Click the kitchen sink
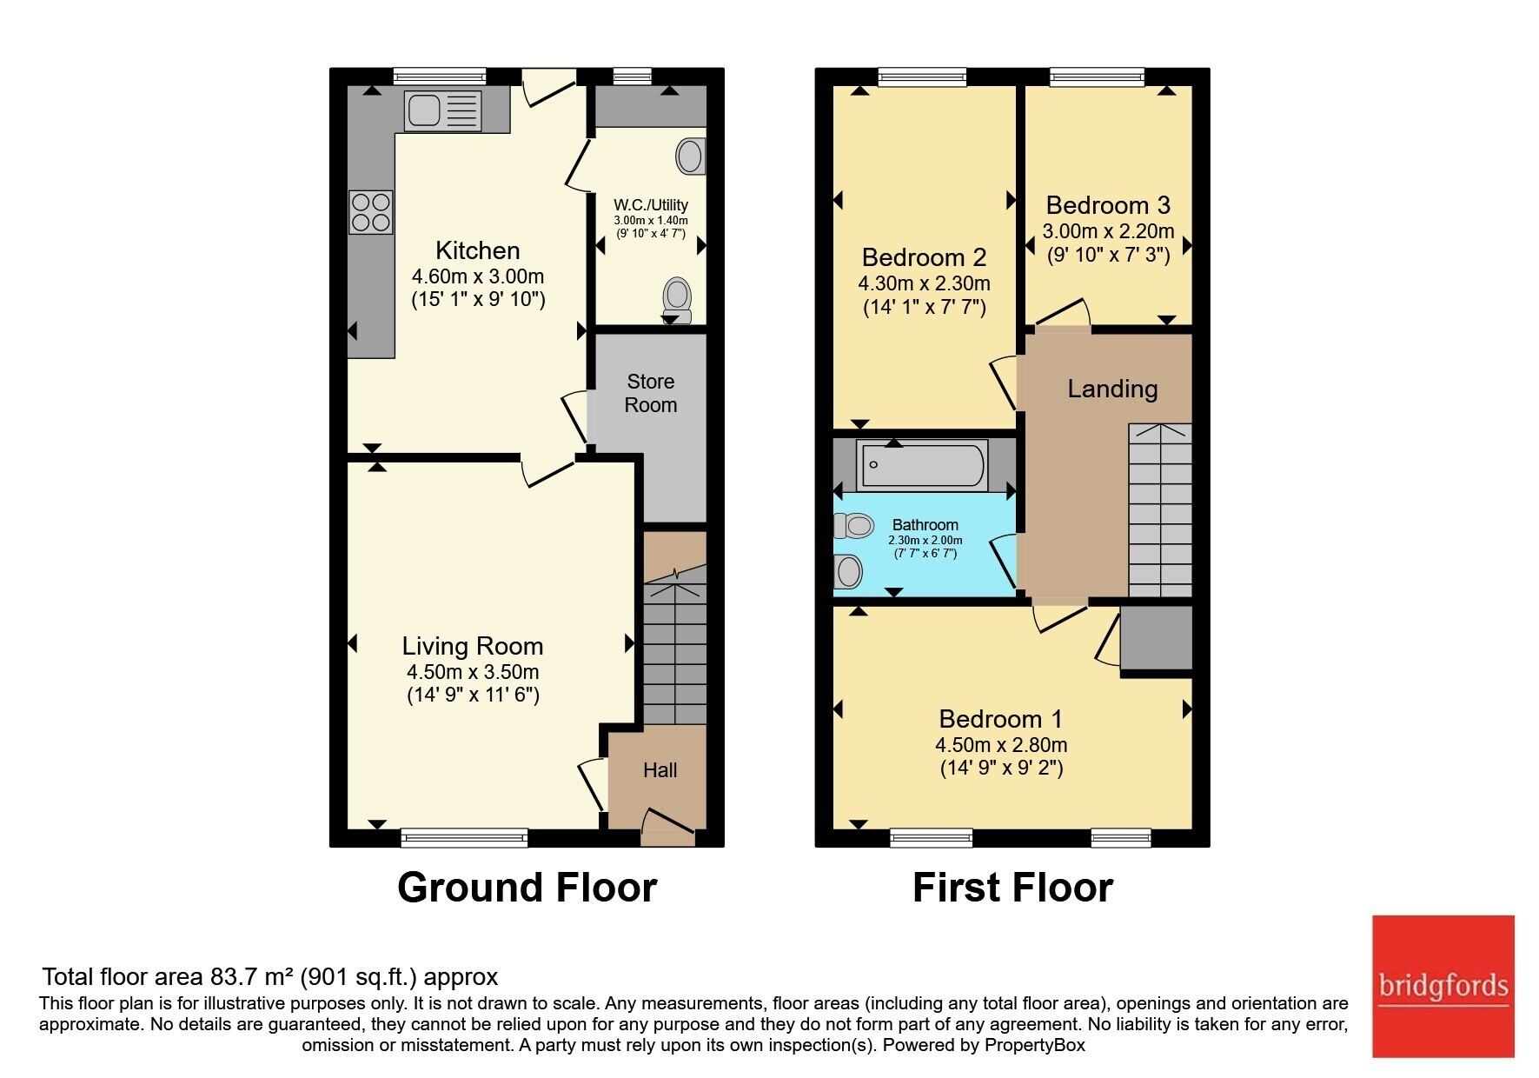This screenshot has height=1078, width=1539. [x=442, y=110]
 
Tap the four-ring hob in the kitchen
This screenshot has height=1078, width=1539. [x=371, y=213]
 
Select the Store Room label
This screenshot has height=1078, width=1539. [x=651, y=393]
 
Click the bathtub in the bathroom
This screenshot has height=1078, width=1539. [x=922, y=465]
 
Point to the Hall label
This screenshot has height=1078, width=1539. [x=660, y=770]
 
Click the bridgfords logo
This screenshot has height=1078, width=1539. [x=1443, y=987]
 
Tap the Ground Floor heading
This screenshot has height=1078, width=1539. [x=527, y=888]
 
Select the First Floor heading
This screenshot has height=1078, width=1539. [x=1012, y=888]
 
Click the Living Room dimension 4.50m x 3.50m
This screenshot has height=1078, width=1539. [x=473, y=672]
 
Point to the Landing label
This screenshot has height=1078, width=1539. [x=1112, y=389]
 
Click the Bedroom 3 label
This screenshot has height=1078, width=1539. [x=1108, y=205]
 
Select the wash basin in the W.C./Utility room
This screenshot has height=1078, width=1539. [x=691, y=156]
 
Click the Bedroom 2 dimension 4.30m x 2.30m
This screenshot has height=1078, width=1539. [x=925, y=283]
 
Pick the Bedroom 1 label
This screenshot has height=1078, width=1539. [x=1001, y=719]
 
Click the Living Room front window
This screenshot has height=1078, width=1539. [x=465, y=837]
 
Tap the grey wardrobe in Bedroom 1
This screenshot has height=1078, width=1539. [x=1157, y=638]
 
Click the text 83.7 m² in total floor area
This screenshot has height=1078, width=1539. [x=249, y=976]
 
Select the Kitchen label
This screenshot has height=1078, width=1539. [x=477, y=250]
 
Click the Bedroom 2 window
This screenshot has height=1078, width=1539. [x=922, y=77]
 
